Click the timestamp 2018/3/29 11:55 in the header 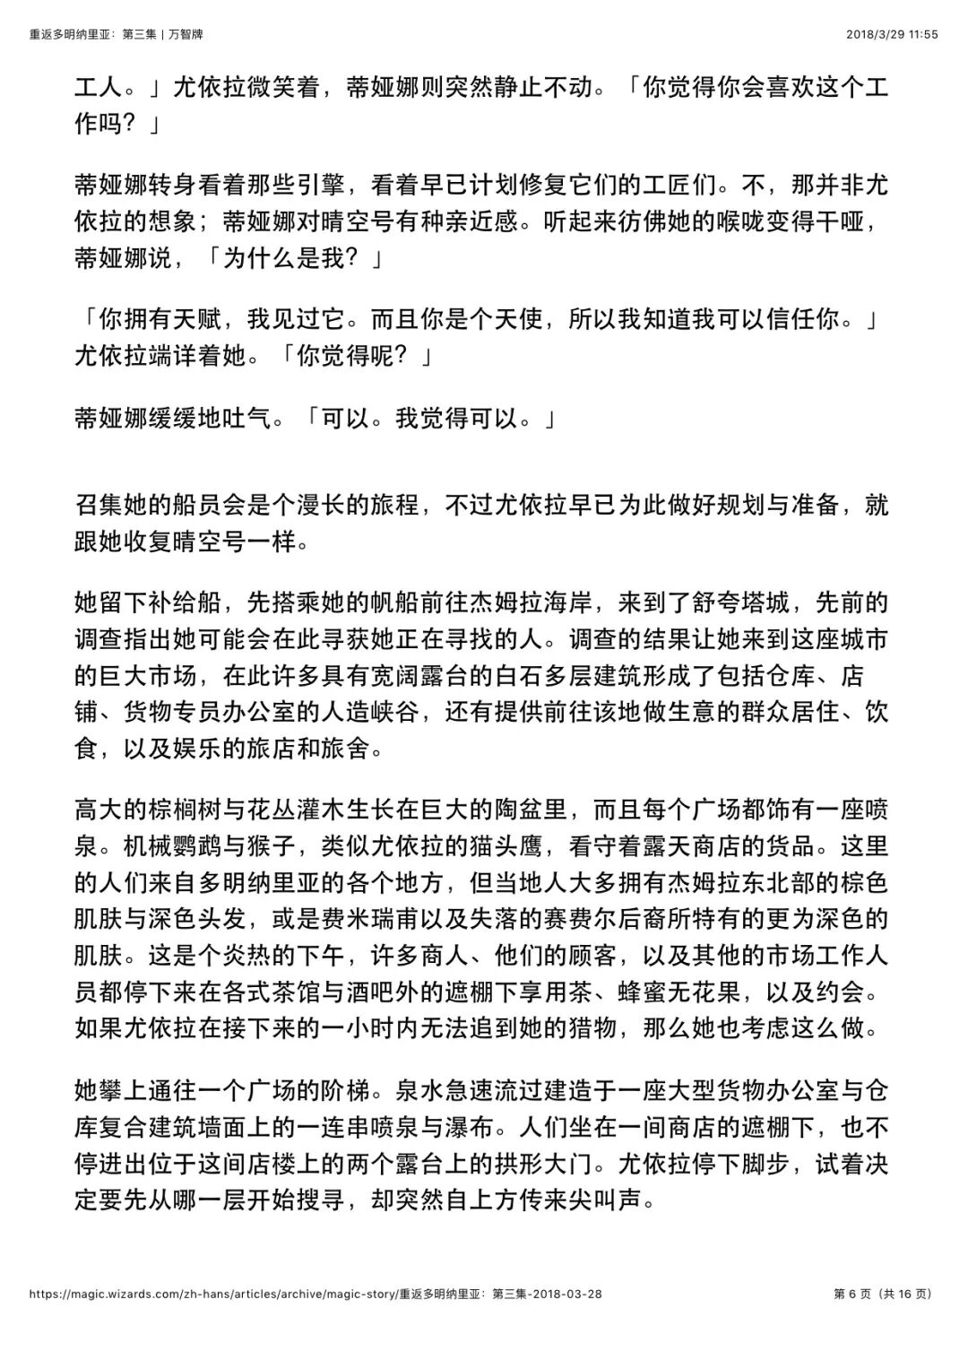[892, 34]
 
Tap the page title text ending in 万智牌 [116, 34]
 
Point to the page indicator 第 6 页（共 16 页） [883, 1294]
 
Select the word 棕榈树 [184, 809]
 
